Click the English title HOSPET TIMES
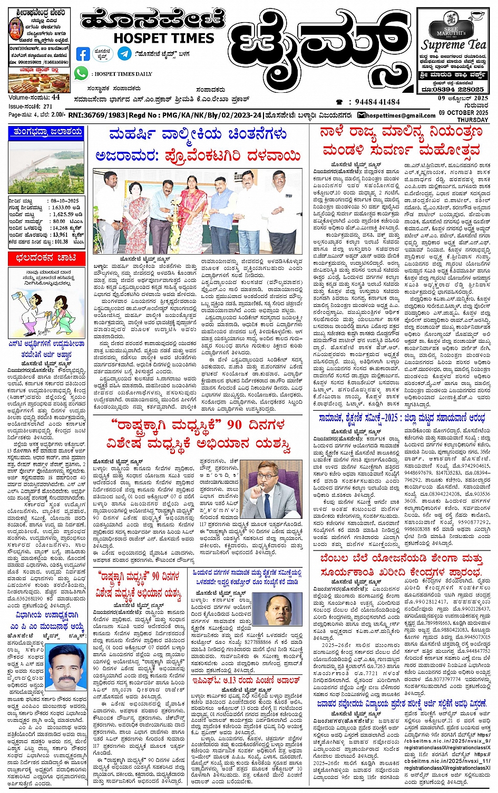pyautogui.click(x=164, y=38)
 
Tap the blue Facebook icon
pyautogui.click(x=83, y=54)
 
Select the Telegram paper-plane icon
pyautogui.click(x=125, y=54)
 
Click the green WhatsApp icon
pyautogui.click(x=81, y=73)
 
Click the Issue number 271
pyautogui.click(x=48, y=106)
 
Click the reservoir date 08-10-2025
pyautogui.click(x=65, y=201)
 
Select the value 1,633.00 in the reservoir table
pyautogui.click(x=61, y=208)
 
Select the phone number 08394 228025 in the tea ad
pyautogui.click(x=458, y=90)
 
